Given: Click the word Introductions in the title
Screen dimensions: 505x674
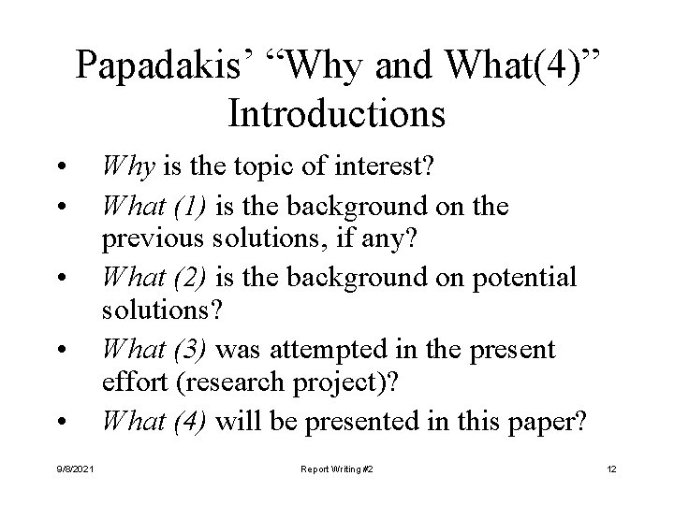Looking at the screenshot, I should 336,113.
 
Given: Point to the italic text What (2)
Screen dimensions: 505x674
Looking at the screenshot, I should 156,279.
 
